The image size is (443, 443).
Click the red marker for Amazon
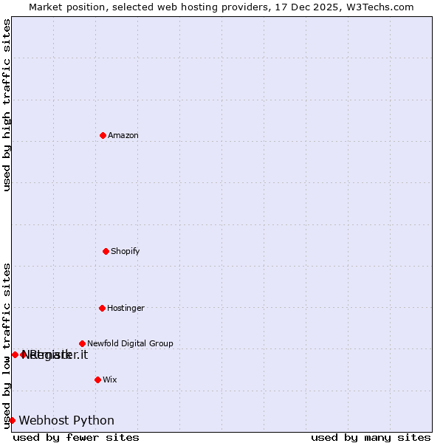(103, 135)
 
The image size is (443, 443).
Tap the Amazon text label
(123, 135)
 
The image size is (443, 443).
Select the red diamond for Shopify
(106, 251)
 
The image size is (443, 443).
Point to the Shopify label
(126, 251)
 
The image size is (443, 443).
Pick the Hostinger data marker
(102, 308)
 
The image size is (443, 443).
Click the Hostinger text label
(126, 308)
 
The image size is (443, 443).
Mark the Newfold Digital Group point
(82, 343)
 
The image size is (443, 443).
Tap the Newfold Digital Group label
(130, 343)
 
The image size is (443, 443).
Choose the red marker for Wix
(97, 380)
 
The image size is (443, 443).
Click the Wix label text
(110, 380)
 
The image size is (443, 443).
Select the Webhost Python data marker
(12, 420)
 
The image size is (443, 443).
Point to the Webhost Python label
(66, 421)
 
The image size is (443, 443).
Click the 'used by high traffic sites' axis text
(7, 105)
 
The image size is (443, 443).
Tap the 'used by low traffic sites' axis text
(7, 346)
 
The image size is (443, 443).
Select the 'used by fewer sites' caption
(76, 437)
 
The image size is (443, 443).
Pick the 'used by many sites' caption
(371, 437)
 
